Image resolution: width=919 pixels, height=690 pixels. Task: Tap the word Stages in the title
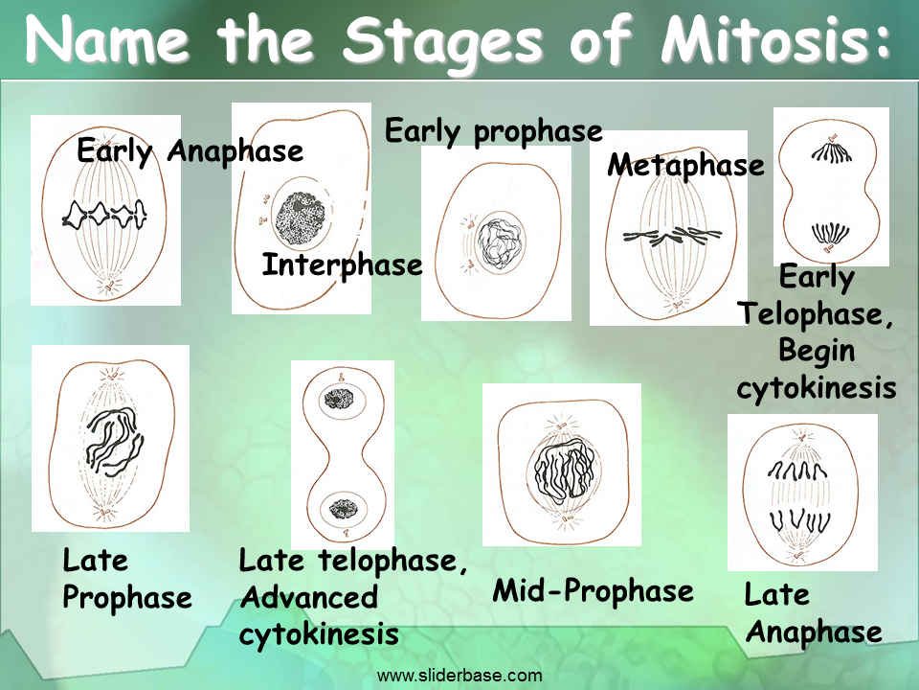442,41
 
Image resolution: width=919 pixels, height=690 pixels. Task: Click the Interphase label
343,265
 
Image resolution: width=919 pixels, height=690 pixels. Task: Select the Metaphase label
685,164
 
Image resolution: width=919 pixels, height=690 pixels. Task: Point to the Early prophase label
494,131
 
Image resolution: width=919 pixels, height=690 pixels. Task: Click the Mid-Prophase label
593,591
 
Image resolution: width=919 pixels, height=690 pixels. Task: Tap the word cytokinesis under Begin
817,388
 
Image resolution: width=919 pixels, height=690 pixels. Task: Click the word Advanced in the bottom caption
309,598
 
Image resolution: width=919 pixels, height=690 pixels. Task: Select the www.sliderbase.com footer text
459,676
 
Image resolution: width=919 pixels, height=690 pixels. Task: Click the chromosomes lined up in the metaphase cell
672,236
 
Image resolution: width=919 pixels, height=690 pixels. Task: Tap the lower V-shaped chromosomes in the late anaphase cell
799,520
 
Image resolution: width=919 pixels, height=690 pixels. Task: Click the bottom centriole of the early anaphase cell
108,286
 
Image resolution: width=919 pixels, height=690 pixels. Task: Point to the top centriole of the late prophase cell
113,373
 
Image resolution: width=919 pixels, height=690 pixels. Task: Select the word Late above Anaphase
776,595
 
